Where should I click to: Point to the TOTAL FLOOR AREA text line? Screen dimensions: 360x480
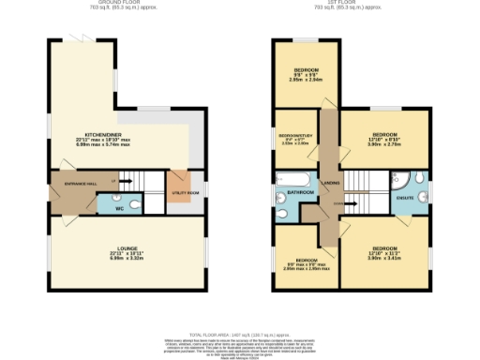[240, 335]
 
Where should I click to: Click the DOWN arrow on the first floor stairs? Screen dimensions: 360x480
[339, 200]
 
